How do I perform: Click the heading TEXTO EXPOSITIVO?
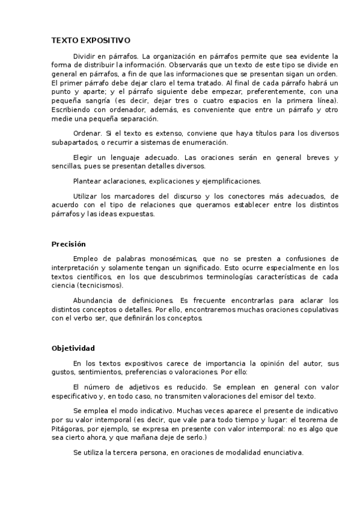(x=91, y=40)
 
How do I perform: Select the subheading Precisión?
(x=69, y=244)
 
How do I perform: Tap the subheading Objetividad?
(x=73, y=348)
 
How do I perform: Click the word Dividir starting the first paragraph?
(x=85, y=55)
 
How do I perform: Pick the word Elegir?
(x=84, y=158)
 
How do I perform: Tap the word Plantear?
(x=88, y=180)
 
